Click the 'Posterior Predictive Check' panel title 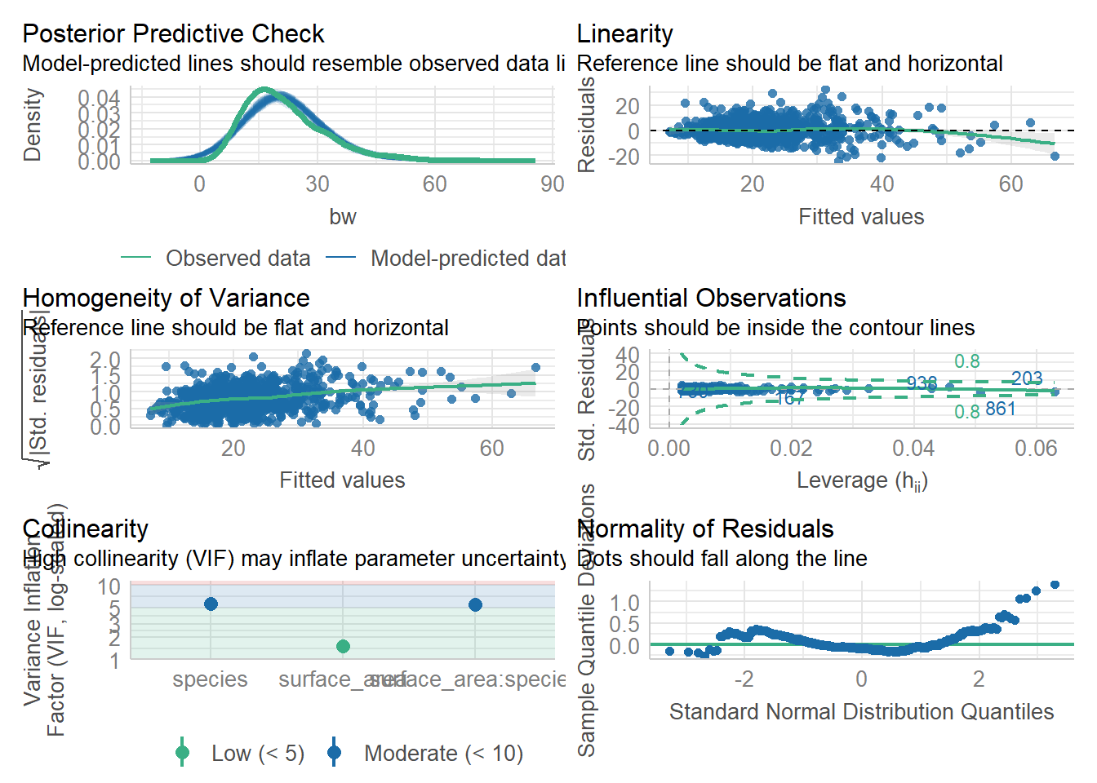[x=173, y=33]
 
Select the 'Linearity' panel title [x=624, y=33]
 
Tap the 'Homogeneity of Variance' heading [x=166, y=298]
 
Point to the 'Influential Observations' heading [x=711, y=298]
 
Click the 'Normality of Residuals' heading [x=705, y=529]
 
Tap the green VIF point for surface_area [x=343, y=646]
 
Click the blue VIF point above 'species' [x=211, y=604]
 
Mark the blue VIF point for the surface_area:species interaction [x=475, y=604]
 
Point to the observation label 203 [x=1027, y=378]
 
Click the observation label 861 [x=1000, y=409]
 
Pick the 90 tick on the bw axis [x=553, y=184]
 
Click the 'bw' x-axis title [x=343, y=217]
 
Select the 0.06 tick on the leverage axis [x=1036, y=449]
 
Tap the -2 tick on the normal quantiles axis [x=744, y=679]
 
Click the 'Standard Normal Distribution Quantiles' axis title [x=861, y=712]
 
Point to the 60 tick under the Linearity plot [x=1010, y=184]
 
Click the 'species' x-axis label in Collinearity [x=210, y=679]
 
